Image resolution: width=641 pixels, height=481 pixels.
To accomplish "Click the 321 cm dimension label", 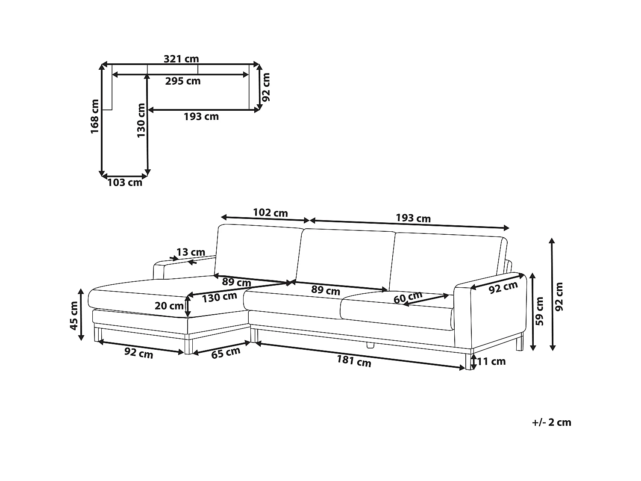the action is click(181, 59).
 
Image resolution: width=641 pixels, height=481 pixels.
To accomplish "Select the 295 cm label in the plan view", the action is click(183, 81).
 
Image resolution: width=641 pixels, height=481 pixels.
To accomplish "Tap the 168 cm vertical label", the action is click(94, 117).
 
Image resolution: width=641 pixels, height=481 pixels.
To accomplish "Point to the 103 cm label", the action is click(125, 183).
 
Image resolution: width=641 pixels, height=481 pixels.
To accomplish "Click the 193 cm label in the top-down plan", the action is click(201, 117).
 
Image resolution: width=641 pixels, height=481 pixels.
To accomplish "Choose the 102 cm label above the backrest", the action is click(270, 212).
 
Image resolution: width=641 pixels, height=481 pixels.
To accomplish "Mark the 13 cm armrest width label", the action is click(191, 252).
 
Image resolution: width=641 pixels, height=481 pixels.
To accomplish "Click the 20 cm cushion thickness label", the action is click(169, 306).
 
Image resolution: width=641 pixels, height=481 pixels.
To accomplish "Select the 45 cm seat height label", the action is click(74, 316).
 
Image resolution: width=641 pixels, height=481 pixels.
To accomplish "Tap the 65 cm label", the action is click(226, 353).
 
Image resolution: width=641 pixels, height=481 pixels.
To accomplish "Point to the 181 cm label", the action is click(354, 361).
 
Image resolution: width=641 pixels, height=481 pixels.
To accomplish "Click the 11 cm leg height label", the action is click(491, 362).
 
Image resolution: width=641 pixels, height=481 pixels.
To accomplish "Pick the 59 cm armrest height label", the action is click(540, 311).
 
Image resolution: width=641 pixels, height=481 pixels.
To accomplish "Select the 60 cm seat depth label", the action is click(408, 298).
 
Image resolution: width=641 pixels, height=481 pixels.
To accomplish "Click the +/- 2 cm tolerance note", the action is click(552, 422).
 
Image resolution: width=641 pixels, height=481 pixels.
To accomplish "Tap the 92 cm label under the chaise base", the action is click(138, 353).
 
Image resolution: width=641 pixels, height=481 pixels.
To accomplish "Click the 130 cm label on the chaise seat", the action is click(219, 297).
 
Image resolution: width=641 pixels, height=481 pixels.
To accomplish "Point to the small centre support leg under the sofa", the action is click(370, 345).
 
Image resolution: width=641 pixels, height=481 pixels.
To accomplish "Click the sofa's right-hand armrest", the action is click(491, 313).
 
